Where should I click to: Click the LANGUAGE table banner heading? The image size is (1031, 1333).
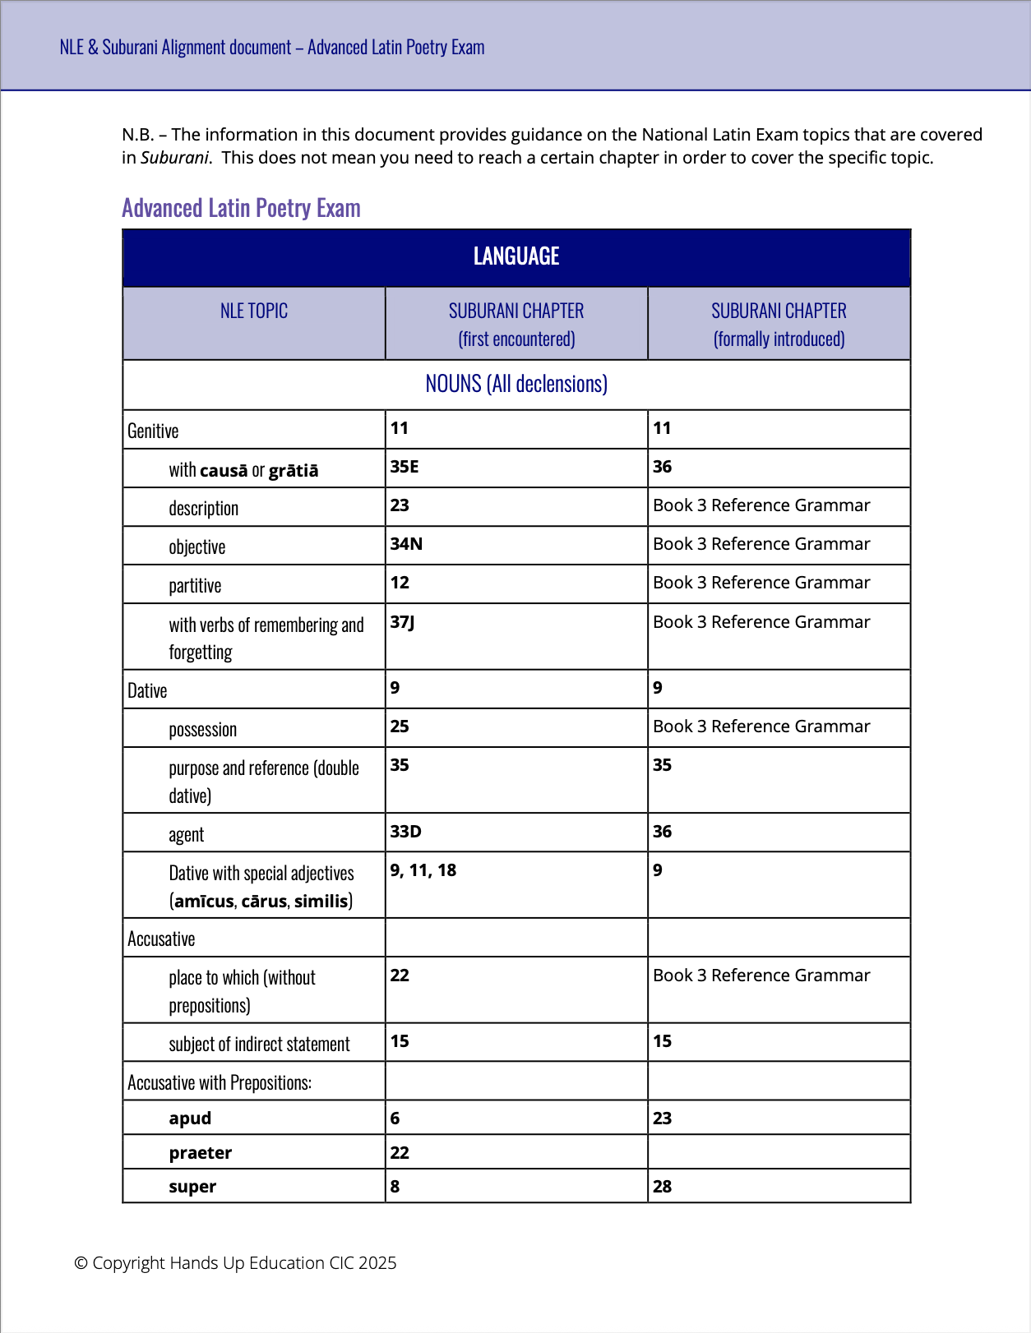tap(516, 256)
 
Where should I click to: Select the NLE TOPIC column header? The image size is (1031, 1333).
tap(254, 311)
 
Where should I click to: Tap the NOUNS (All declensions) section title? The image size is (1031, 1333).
tap(516, 384)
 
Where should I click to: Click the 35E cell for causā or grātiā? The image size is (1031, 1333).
tap(405, 467)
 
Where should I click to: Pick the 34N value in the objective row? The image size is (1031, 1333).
tap(406, 544)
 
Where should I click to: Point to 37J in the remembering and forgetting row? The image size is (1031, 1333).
tap(402, 622)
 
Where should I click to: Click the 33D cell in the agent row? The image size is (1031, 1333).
tap(405, 832)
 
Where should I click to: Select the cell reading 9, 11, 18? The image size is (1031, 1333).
tap(423, 870)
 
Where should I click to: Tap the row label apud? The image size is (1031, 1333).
tap(190, 1119)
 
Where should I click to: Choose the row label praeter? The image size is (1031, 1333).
tap(201, 1153)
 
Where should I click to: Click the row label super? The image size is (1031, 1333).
tap(192, 1187)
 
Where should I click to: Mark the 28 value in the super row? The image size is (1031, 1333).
tap(662, 1187)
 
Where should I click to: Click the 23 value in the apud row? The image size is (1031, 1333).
tap(662, 1119)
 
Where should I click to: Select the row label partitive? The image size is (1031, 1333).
tap(195, 586)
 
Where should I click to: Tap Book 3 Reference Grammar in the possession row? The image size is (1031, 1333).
tap(761, 726)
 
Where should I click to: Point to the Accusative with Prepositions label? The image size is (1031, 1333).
tap(220, 1083)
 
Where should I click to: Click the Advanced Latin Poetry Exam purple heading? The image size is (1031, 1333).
tap(241, 208)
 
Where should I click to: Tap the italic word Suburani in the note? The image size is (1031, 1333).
tap(174, 158)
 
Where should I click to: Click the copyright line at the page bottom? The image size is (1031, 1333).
tap(235, 1263)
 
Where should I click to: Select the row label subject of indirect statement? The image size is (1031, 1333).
tap(259, 1045)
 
